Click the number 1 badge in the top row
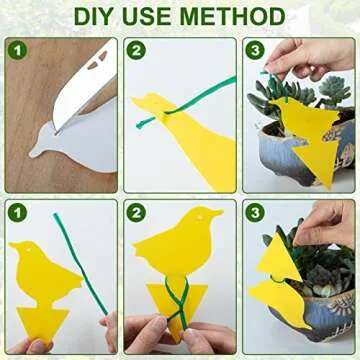(17, 51)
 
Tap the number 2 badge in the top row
(136, 50)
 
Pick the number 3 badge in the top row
(255, 50)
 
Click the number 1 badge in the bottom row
(17, 213)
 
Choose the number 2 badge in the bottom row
(136, 213)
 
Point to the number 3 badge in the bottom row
(255, 213)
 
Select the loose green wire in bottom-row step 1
(81, 263)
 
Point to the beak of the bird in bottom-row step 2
(216, 212)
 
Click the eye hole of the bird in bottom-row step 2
(200, 217)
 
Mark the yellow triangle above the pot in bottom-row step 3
(279, 258)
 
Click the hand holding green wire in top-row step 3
(308, 58)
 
